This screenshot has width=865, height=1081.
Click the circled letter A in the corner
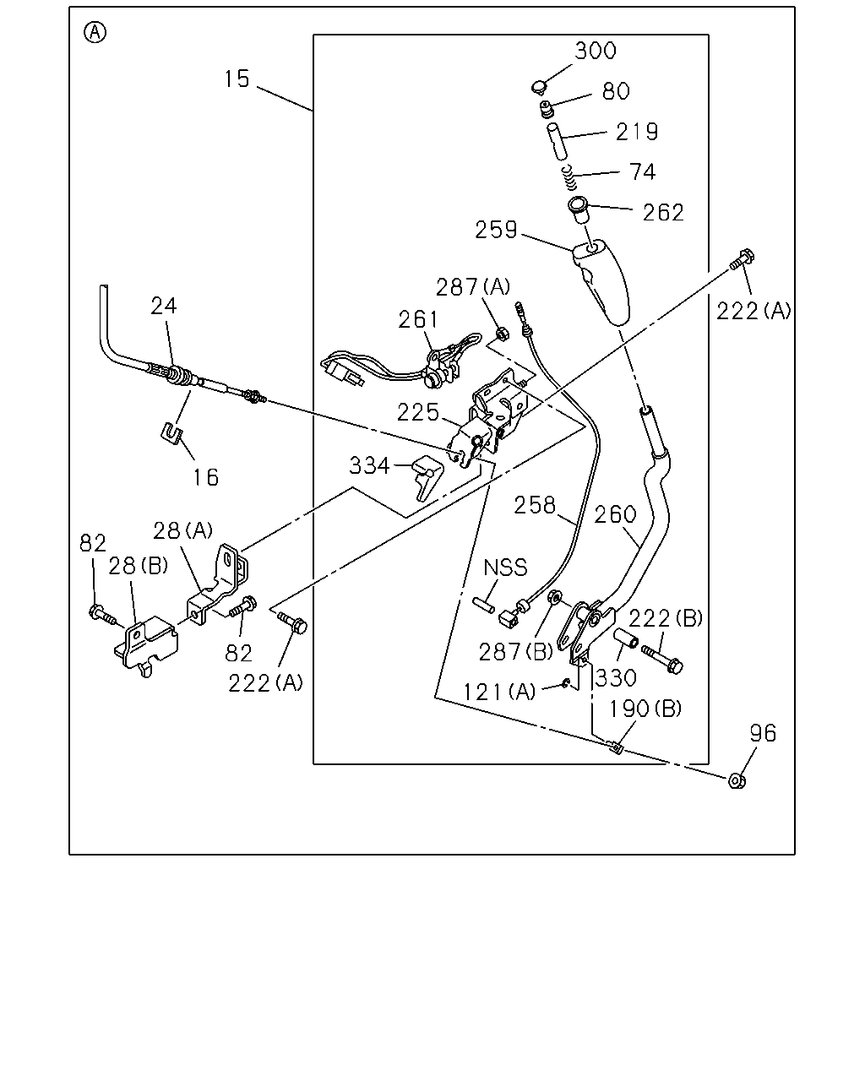pos(95,33)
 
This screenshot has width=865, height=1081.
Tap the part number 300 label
pos(596,51)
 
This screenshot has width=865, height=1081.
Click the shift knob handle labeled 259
pos(601,283)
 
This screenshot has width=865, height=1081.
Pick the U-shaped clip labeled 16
pos(171,433)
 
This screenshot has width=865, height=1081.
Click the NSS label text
pos(505,568)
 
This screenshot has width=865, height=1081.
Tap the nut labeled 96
pos(737,780)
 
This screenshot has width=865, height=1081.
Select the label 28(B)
pos(139,566)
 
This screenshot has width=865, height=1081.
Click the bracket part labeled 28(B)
pos(146,646)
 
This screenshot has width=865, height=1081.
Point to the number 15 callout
pos(237,79)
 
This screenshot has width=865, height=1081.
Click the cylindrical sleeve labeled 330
pos(626,637)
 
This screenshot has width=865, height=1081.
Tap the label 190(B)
pos(645,709)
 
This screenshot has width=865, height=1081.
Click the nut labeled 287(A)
pos(502,333)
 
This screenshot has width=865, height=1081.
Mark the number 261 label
pos(419,319)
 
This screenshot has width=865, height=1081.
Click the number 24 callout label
pos(164,306)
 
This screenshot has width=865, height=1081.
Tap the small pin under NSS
pos(483,606)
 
